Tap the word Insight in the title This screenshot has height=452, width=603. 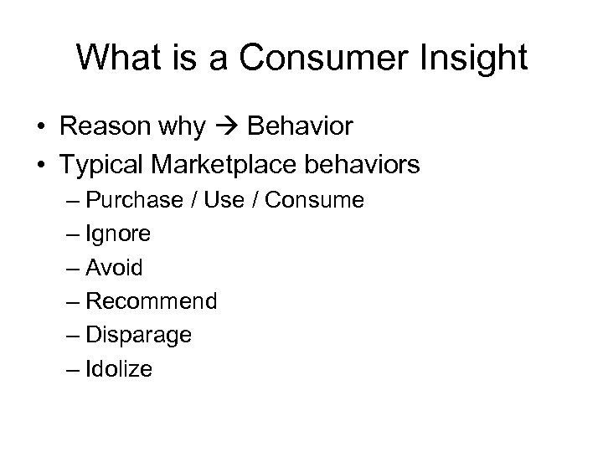click(477, 58)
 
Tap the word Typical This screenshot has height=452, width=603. click(104, 165)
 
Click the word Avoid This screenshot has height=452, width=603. click(114, 269)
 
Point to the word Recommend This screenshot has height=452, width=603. click(152, 301)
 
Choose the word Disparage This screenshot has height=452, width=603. click(139, 336)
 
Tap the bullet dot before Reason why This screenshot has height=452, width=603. click(40, 127)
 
